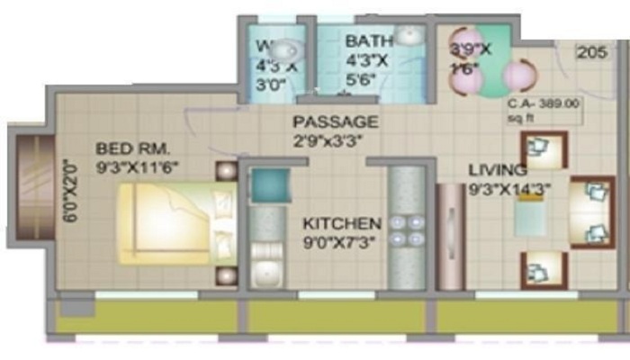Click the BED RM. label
click(x=132, y=148)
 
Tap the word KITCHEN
click(x=341, y=223)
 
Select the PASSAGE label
click(x=335, y=121)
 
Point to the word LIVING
click(x=497, y=169)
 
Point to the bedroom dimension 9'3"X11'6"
click(x=139, y=167)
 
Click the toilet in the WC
click(x=285, y=51)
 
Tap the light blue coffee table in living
click(x=530, y=218)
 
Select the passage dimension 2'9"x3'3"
click(x=335, y=141)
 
